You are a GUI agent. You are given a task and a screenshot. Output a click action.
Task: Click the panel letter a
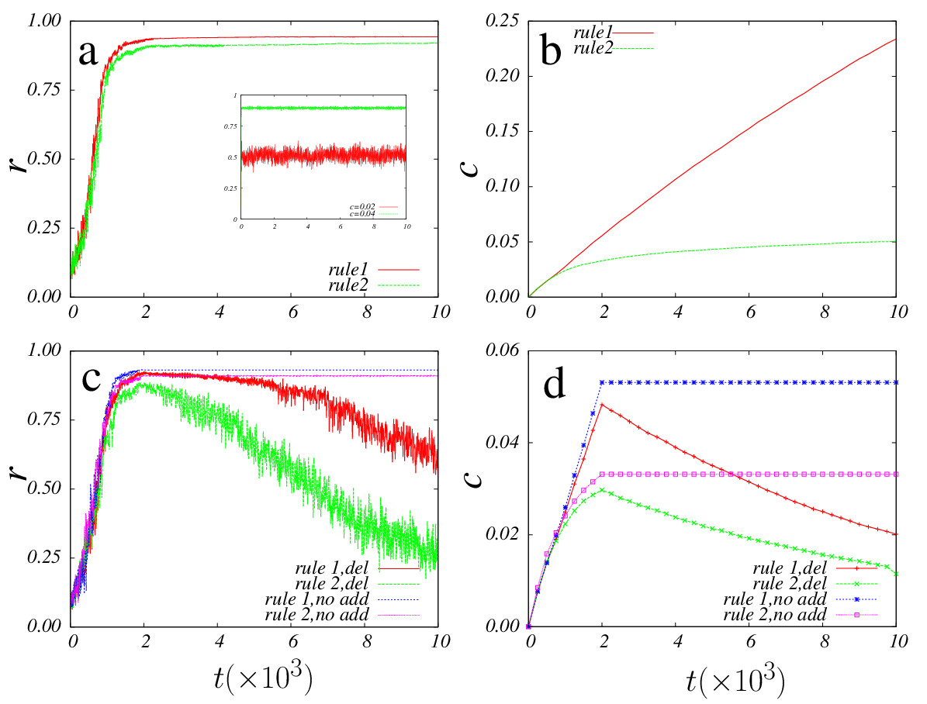(x=88, y=53)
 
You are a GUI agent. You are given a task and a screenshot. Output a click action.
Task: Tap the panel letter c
(x=92, y=379)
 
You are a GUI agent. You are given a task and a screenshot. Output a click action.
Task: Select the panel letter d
(x=555, y=384)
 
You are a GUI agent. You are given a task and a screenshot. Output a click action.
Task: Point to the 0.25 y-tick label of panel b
(x=501, y=21)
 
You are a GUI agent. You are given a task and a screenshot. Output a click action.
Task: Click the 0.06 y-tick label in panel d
(x=501, y=350)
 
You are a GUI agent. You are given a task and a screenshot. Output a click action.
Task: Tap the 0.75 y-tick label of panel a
(x=43, y=89)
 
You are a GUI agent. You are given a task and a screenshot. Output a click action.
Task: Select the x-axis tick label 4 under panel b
(x=677, y=312)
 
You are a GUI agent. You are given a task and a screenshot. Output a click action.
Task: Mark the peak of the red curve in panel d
(x=602, y=404)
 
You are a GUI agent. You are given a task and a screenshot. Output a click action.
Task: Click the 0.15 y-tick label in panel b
(x=501, y=131)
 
